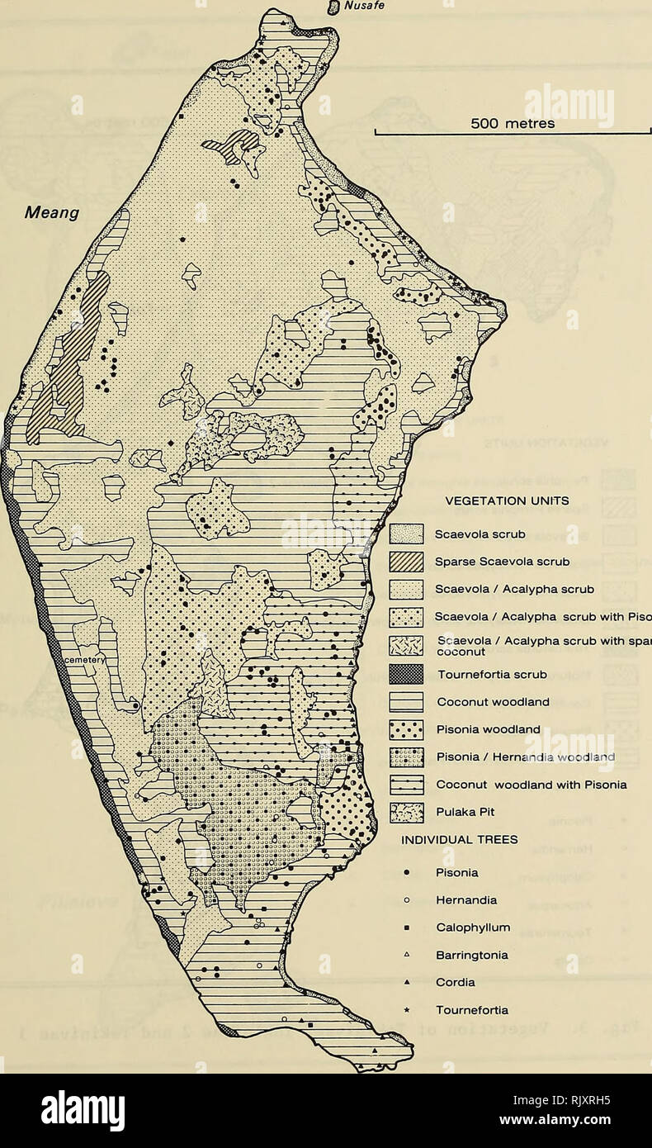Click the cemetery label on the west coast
coord(80,660)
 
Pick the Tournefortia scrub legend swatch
coord(406,675)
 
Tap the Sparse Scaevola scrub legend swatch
coord(406,562)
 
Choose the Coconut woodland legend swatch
coord(406,702)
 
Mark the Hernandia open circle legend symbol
coord(406,900)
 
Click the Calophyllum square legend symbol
coord(406,927)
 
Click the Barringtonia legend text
coord(471,955)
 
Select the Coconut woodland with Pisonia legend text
coord(522,785)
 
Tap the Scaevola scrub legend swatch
coord(406,534)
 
